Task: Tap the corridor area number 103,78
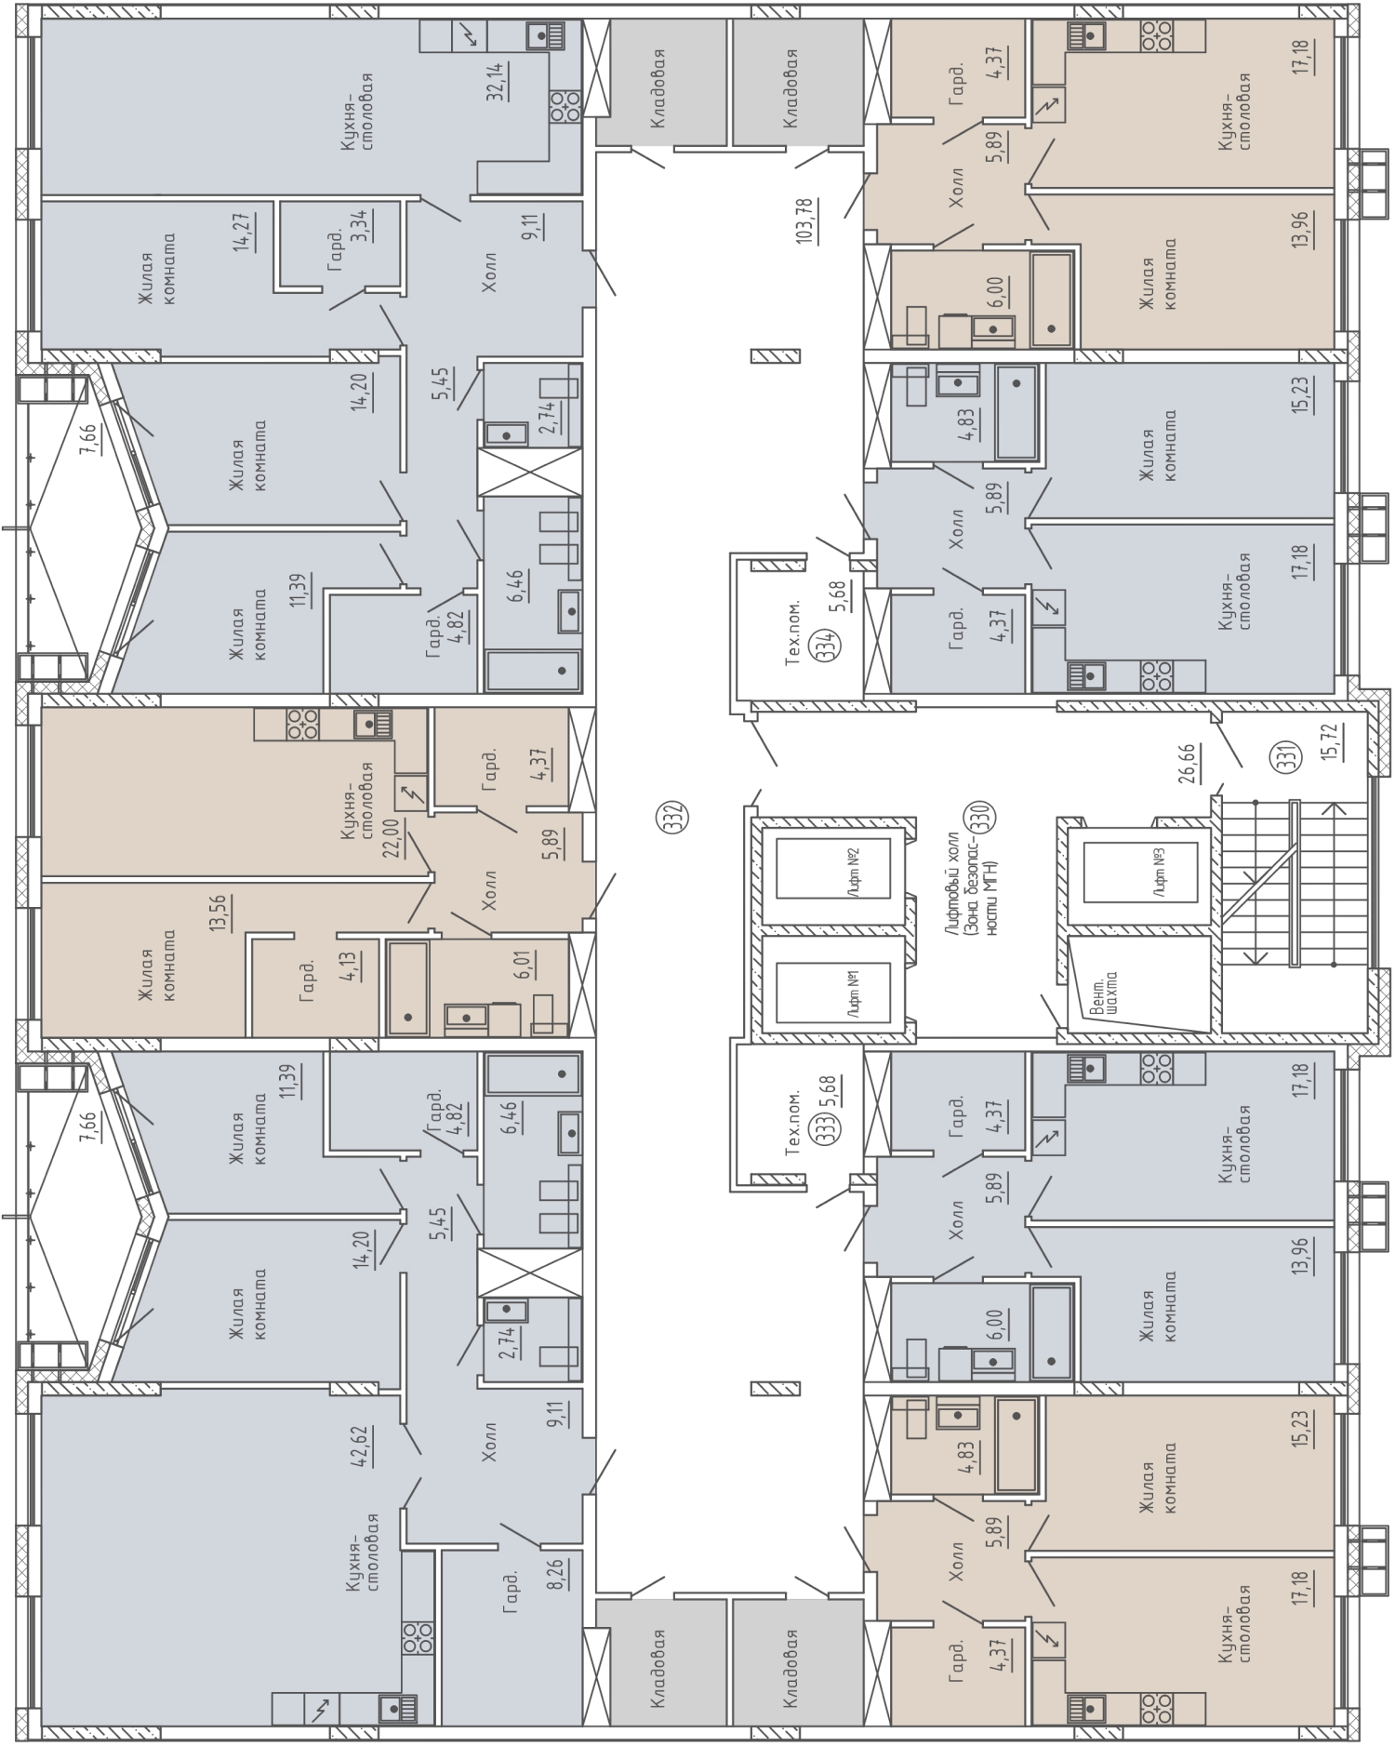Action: pos(806,220)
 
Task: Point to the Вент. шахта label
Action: pos(1104,995)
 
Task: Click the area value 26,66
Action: pos(1187,763)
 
